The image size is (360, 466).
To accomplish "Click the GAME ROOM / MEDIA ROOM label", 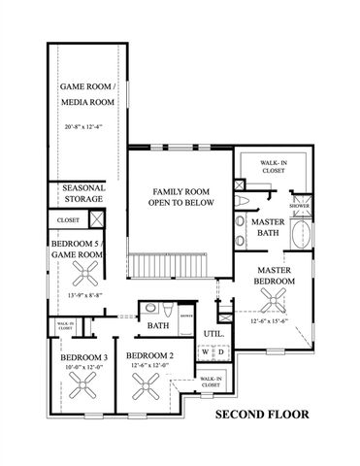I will (89, 93).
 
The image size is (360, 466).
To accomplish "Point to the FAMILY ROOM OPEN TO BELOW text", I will (179, 197).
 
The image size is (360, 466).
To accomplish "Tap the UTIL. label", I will (213, 333).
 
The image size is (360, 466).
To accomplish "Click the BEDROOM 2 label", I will (150, 356).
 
